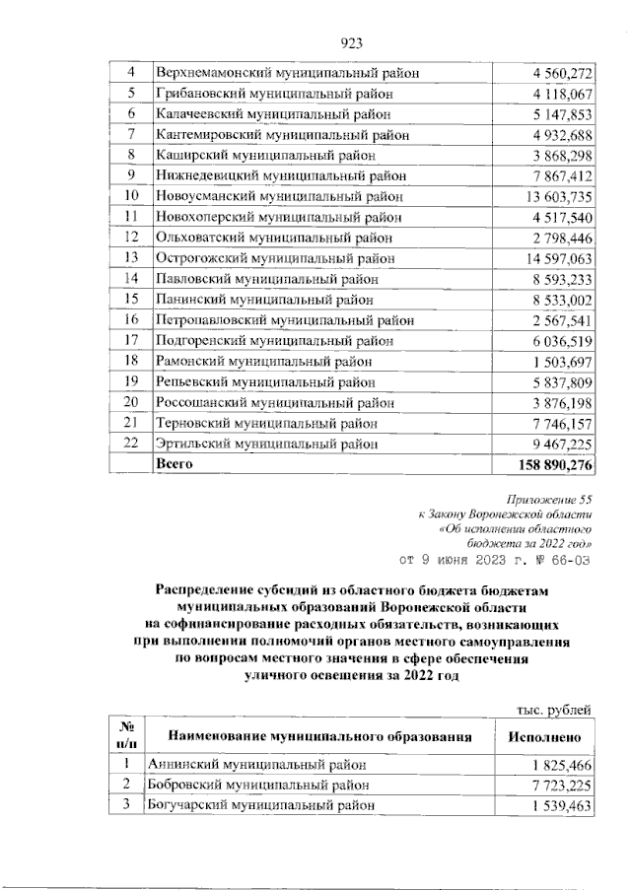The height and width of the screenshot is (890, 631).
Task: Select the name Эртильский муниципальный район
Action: [x=266, y=445]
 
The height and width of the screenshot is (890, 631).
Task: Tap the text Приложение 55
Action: [x=549, y=503]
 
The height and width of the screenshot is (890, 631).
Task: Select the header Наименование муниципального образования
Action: [x=319, y=736]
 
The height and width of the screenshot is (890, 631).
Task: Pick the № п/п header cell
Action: [x=126, y=736]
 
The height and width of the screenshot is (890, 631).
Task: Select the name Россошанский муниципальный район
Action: [x=273, y=403]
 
